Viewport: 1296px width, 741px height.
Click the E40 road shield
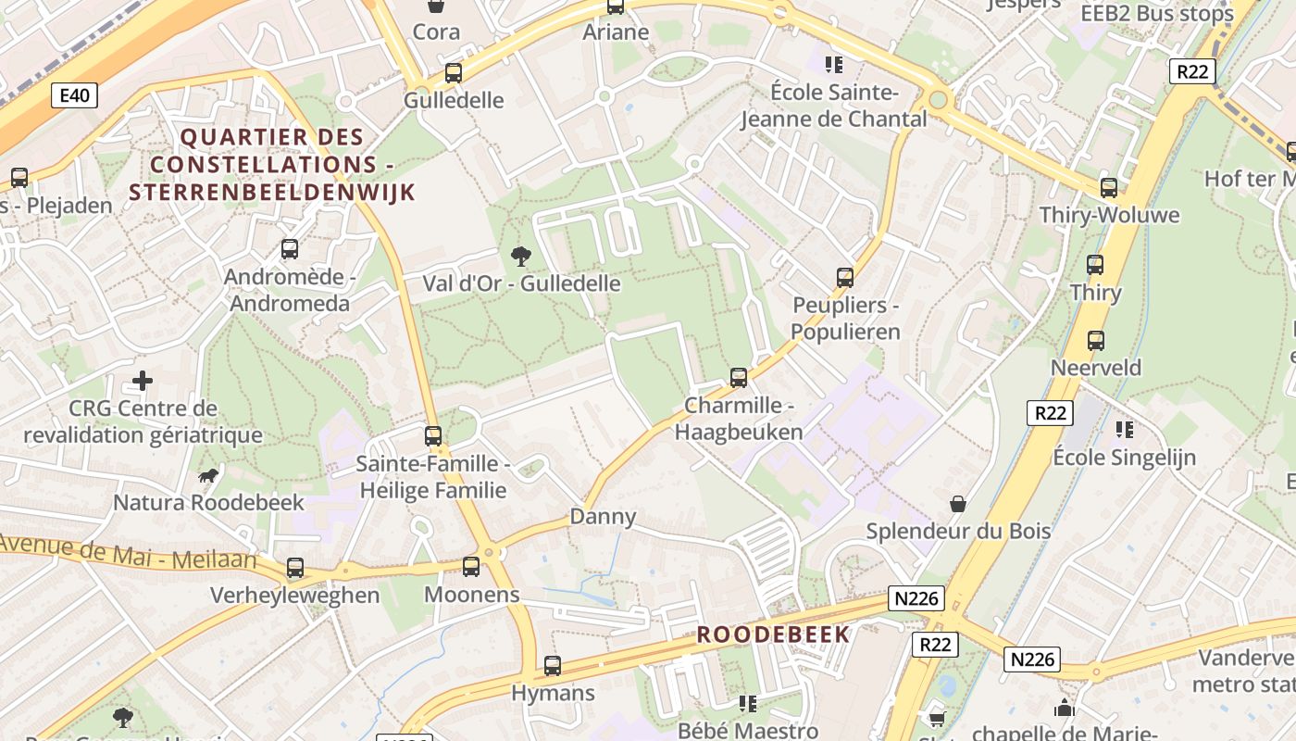[74, 95]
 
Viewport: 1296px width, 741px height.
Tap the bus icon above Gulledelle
[454, 73]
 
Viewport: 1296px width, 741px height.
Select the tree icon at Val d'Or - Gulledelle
[521, 256]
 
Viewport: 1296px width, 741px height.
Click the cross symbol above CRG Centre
[142, 381]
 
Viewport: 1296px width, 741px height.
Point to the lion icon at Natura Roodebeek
[208, 476]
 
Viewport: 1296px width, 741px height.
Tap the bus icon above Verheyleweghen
[294, 568]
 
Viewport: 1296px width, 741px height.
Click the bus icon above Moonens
[471, 567]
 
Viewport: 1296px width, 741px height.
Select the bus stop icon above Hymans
[553, 666]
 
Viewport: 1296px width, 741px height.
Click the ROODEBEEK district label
[773, 634]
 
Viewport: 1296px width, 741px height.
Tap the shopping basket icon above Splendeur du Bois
[958, 504]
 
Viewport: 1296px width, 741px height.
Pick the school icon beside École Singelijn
[1125, 429]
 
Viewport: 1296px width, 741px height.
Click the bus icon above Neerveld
[1096, 340]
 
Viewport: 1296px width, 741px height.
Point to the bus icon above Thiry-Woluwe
[1109, 188]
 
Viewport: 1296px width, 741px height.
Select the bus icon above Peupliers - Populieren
[844, 278]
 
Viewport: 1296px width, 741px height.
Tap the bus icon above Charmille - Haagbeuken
[738, 378]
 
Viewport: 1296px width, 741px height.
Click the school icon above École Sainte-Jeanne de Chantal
[834, 65]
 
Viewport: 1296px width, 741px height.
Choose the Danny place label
[603, 517]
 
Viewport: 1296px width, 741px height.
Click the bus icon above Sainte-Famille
[432, 436]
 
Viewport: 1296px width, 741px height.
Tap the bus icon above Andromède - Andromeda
[290, 249]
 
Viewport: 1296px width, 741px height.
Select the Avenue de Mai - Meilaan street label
[128, 552]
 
